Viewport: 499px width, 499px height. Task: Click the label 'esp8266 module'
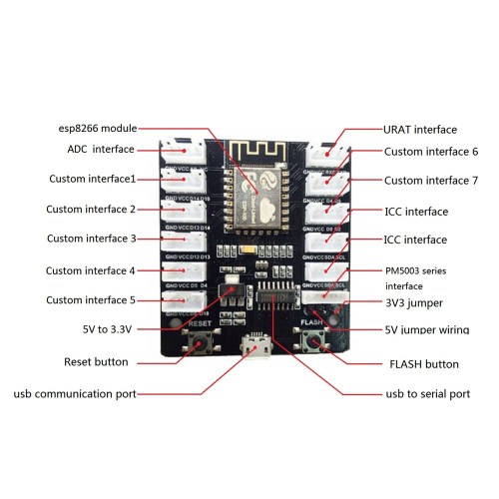(97, 128)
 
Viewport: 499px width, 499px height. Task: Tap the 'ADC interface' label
(94, 149)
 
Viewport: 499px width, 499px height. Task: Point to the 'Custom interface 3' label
(91, 239)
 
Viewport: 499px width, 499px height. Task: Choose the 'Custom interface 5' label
(91, 299)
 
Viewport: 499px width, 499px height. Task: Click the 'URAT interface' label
(420, 130)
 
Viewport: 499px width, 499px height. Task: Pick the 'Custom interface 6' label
(431, 151)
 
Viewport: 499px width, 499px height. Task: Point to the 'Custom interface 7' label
(431, 181)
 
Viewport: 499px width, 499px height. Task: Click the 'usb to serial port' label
(426, 394)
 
